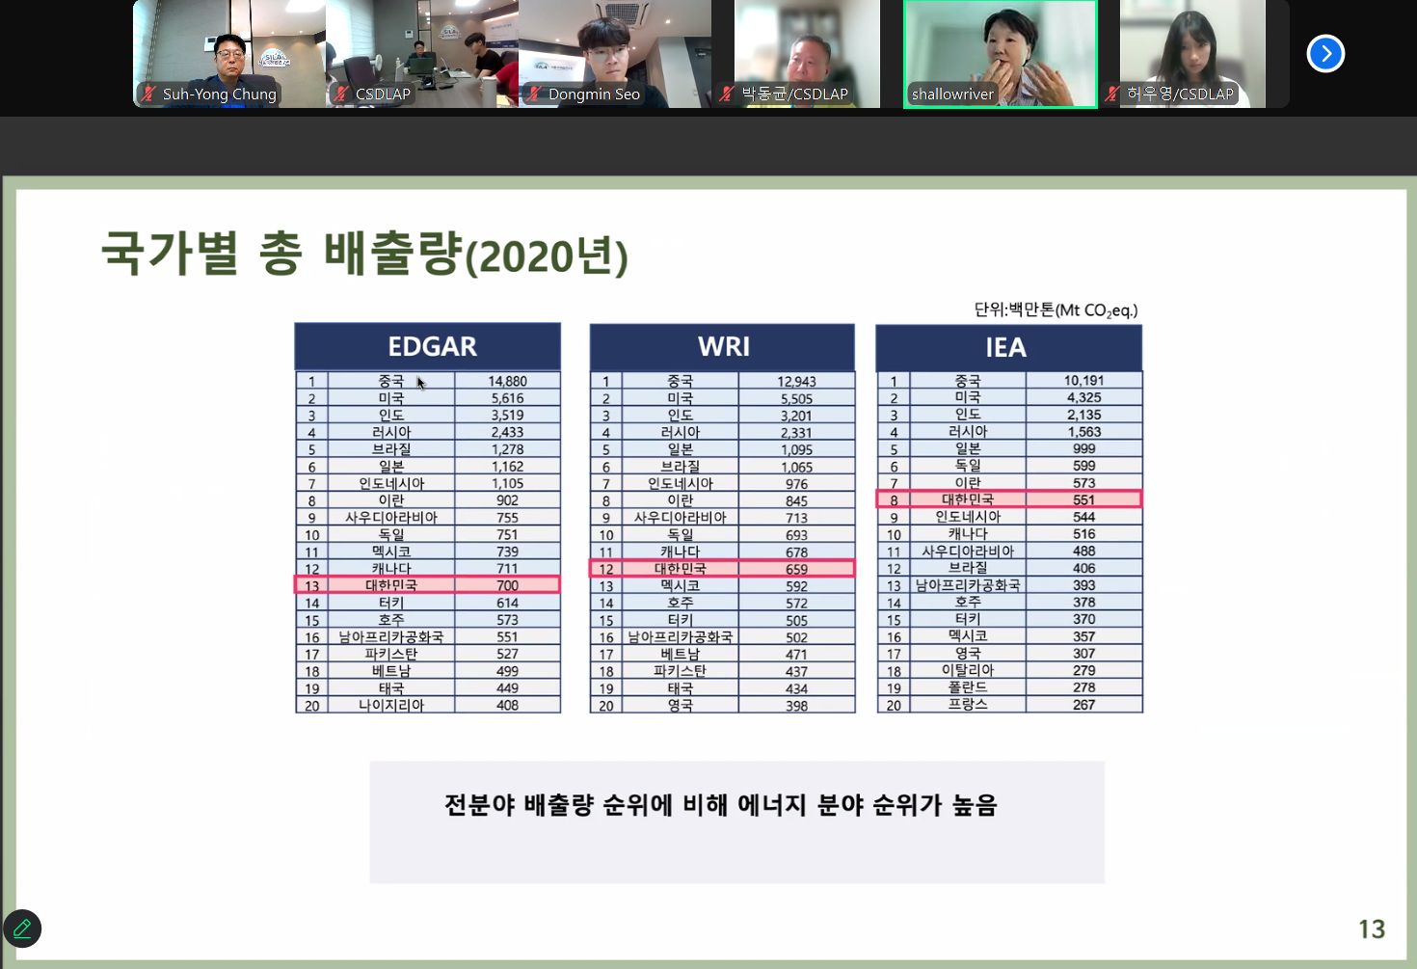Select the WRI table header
pos(722,347)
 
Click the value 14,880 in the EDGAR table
pos(507,381)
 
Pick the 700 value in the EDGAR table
pos(507,585)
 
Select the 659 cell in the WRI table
pos(796,569)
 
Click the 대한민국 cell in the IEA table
pos(968,499)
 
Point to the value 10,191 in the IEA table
pos(1083,381)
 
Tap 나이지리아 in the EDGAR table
pos(391,705)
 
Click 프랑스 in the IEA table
pos(968,705)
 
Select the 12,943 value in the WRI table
pos(796,382)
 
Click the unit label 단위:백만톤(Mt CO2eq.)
pos(1056,310)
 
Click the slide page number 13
pos(1372,929)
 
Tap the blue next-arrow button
pos(1325,54)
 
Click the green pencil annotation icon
pos(22,929)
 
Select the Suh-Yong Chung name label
pos(220,94)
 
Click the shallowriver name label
pos(952,94)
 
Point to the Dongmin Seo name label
pos(594,94)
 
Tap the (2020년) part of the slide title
pos(547,257)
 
